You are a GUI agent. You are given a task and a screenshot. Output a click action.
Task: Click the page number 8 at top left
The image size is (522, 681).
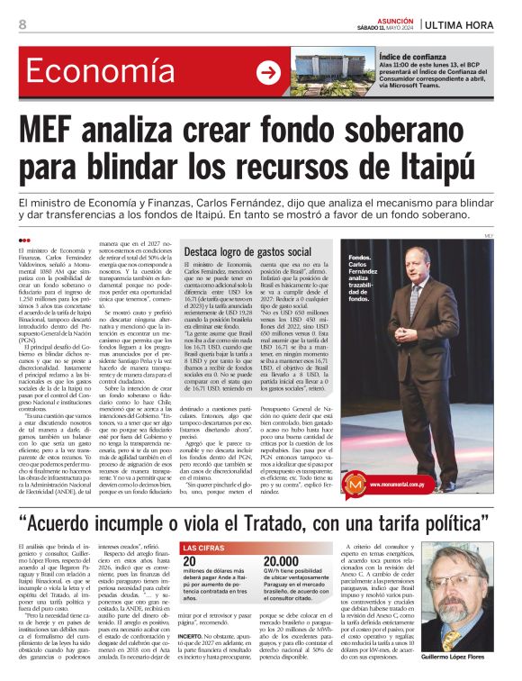[x=22, y=24]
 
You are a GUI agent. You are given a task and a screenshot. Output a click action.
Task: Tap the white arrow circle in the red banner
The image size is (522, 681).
[x=267, y=73]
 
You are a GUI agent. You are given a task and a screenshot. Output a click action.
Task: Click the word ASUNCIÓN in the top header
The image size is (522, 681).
[x=396, y=18]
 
